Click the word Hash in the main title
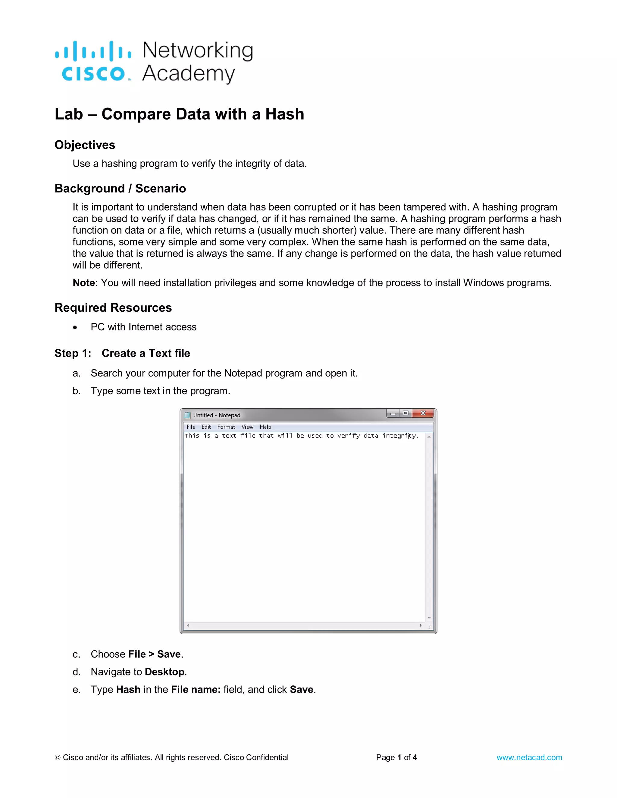click(284, 114)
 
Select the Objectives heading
click(85, 145)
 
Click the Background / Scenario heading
click(120, 189)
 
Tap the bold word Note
click(84, 283)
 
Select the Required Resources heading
click(113, 308)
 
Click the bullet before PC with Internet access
click(75, 327)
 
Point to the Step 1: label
click(73, 353)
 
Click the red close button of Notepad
click(423, 413)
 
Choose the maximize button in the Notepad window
click(406, 413)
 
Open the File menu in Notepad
click(191, 427)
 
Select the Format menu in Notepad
click(226, 427)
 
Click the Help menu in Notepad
click(265, 427)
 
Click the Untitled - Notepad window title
click(216, 415)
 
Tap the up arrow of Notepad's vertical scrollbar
click(429, 437)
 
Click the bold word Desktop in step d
click(164, 672)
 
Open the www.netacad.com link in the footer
click(529, 757)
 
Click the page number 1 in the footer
click(399, 757)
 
